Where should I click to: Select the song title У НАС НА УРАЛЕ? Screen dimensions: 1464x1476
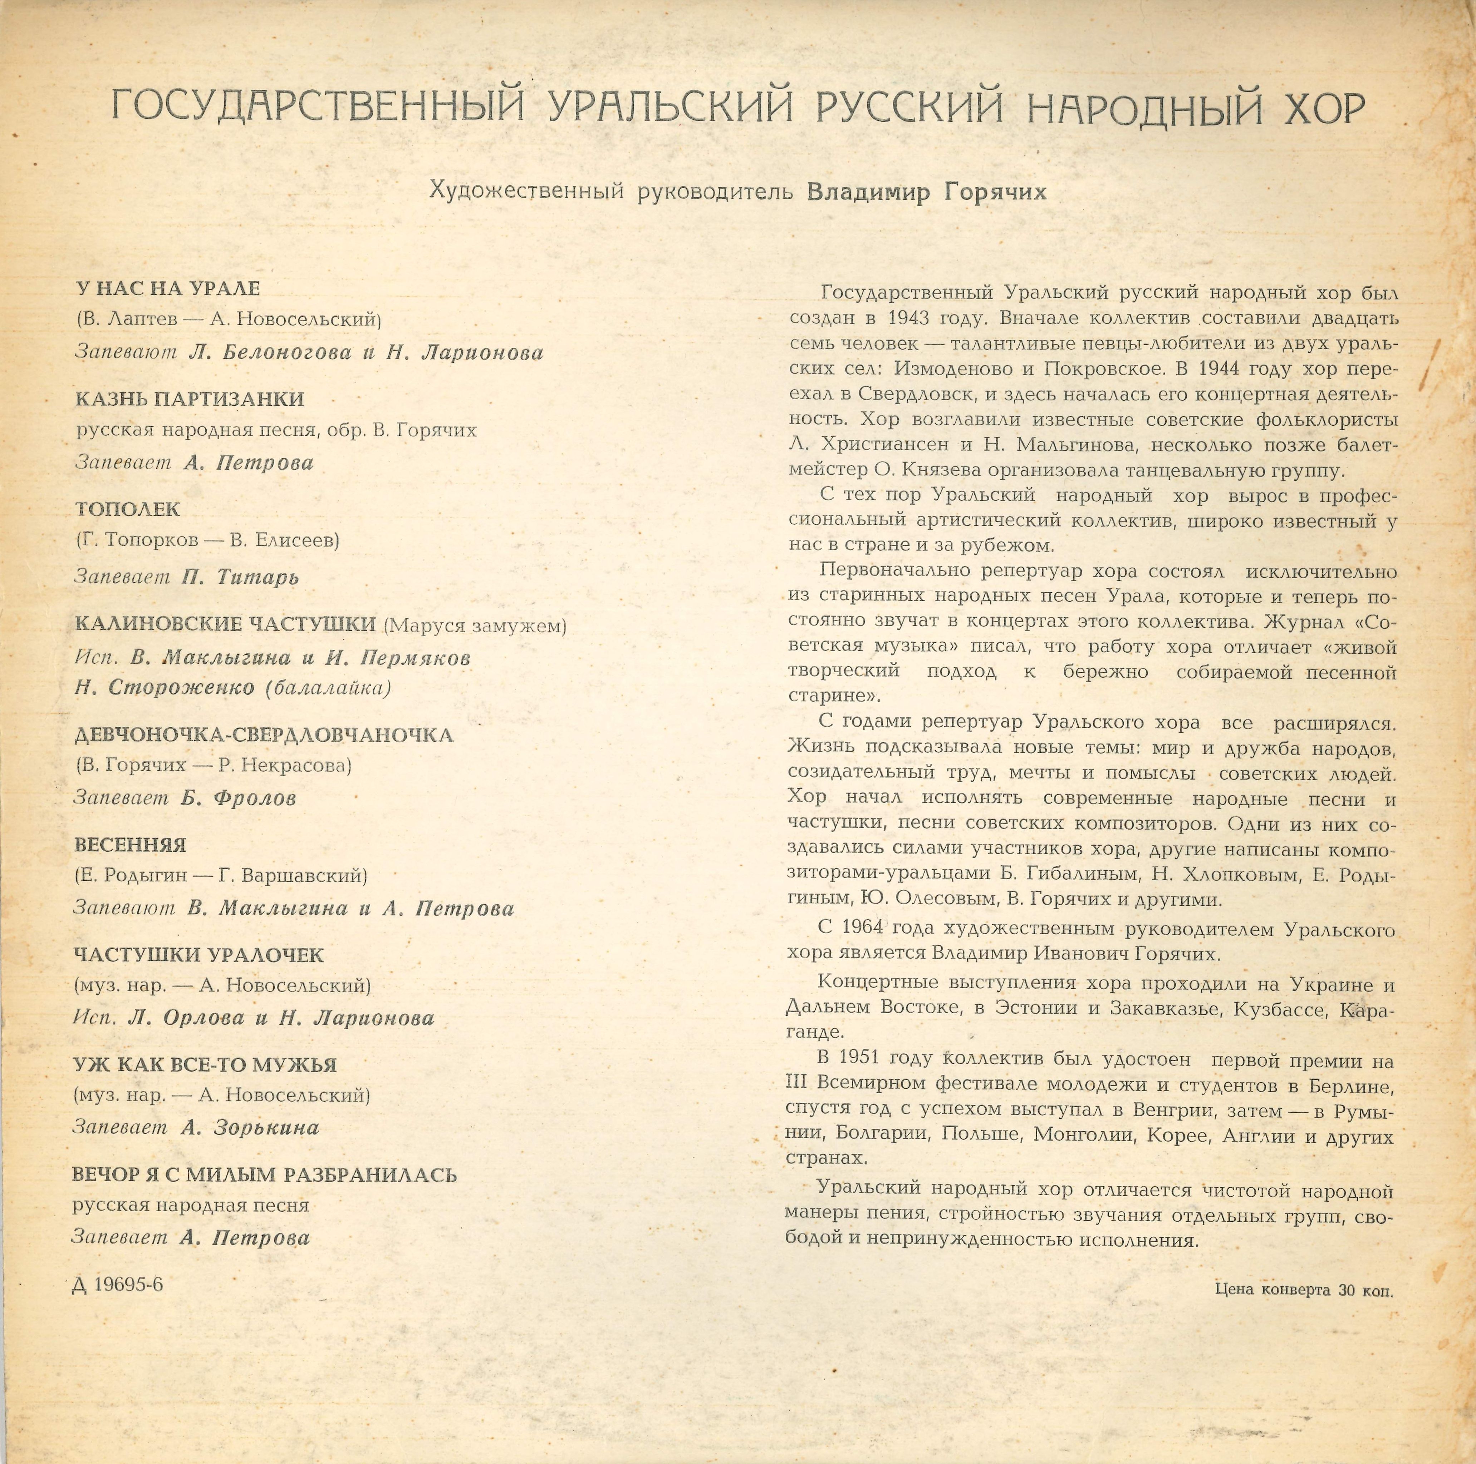pos(168,289)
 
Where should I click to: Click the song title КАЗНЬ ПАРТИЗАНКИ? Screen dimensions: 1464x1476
pos(190,399)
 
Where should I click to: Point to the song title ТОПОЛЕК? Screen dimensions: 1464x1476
pos(128,509)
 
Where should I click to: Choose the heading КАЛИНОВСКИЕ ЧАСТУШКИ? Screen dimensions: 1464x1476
pos(225,624)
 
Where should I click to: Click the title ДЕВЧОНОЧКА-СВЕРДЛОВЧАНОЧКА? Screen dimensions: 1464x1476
pos(264,735)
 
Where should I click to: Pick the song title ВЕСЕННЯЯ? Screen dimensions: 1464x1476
pos(130,845)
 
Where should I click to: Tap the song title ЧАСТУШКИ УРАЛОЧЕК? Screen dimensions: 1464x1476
pos(198,955)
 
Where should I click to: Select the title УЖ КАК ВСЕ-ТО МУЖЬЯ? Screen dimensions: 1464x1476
pos(205,1065)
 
